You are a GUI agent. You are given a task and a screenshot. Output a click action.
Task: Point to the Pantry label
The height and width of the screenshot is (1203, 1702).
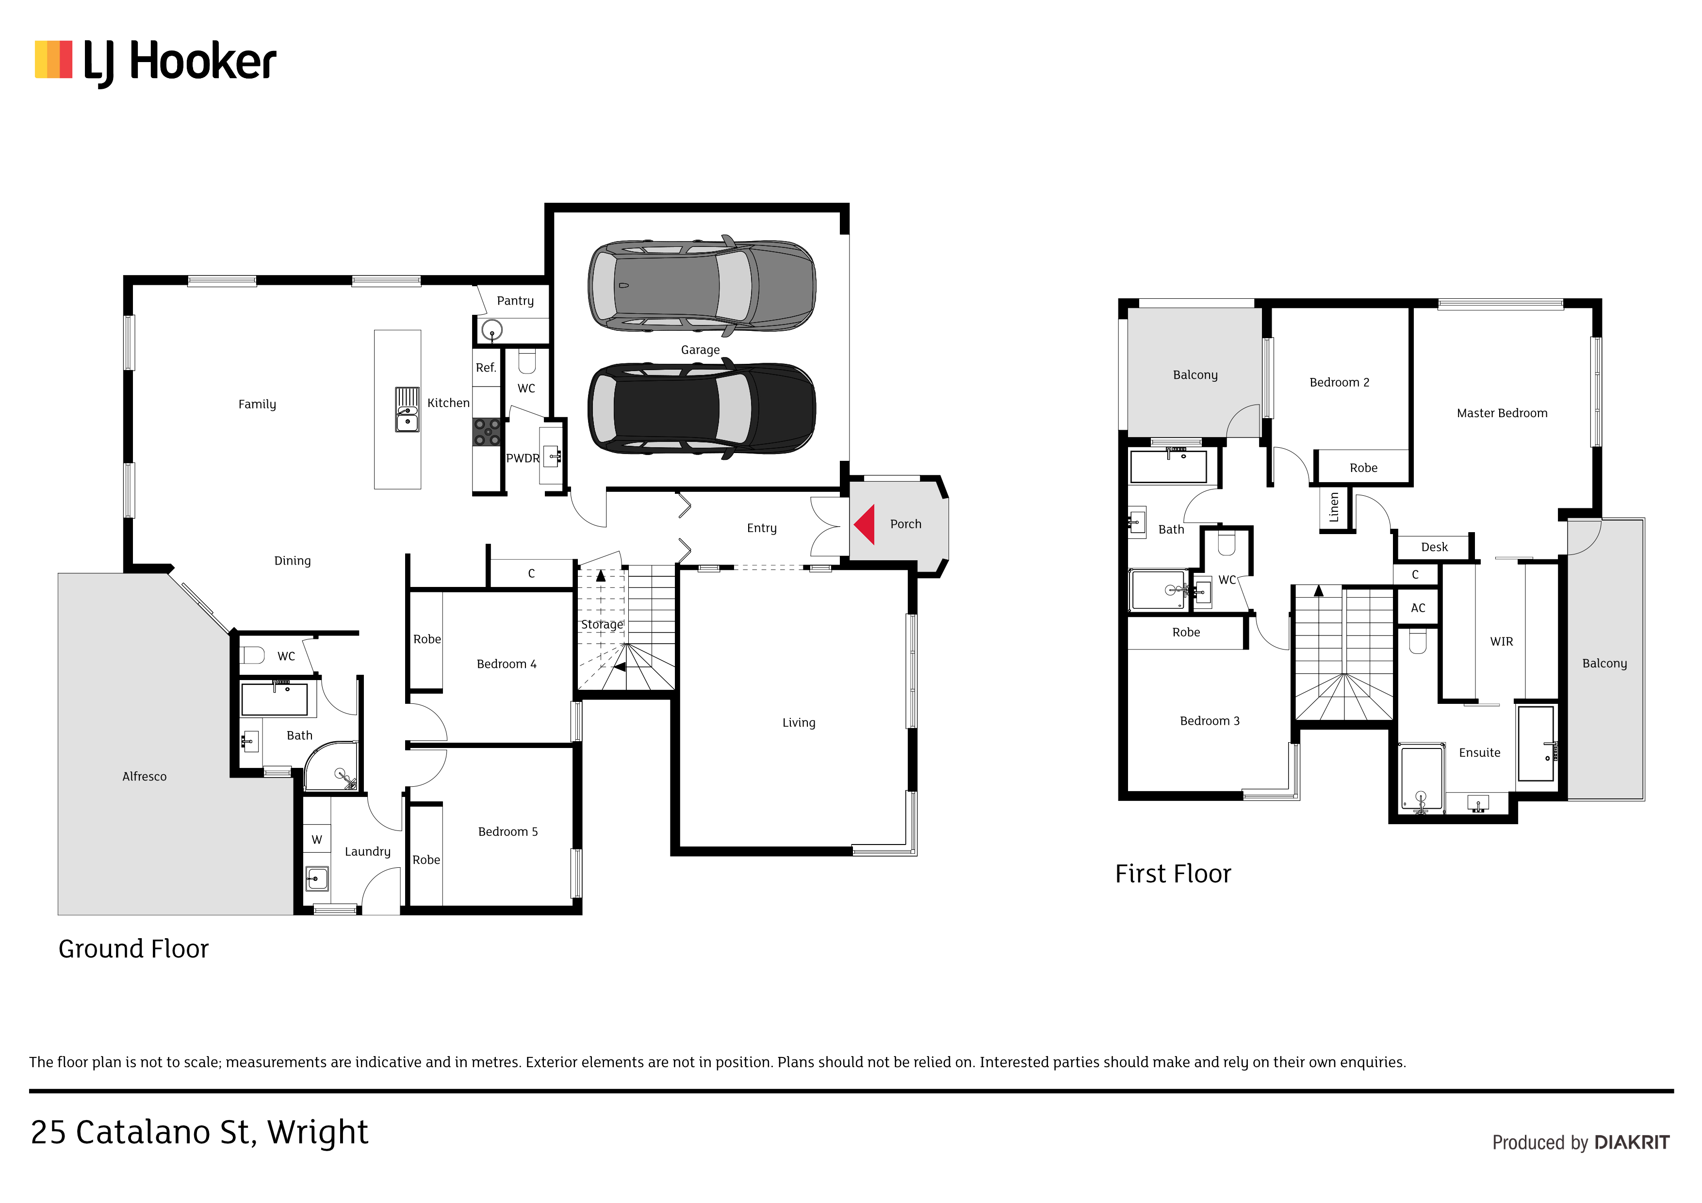pos(515,301)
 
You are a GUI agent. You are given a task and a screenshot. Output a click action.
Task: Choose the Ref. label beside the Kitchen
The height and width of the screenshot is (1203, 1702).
pos(486,368)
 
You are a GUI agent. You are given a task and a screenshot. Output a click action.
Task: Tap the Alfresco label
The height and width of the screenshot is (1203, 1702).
pos(145,776)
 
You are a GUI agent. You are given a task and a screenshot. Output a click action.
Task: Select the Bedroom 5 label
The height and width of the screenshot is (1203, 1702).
pos(508,831)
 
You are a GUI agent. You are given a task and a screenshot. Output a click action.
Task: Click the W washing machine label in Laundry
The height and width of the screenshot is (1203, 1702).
pos(316,840)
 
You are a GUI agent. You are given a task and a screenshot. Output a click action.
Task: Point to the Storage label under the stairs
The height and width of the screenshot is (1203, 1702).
pos(602,625)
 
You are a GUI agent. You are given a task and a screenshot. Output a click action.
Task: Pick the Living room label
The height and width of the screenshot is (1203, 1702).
pos(799,723)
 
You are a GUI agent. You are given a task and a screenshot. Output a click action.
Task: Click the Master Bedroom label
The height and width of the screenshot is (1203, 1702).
pos(1502,413)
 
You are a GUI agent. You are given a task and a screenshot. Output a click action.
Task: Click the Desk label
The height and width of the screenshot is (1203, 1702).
pos(1434,547)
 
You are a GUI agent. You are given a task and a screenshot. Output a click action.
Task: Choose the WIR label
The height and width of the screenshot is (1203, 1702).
pos(1502,641)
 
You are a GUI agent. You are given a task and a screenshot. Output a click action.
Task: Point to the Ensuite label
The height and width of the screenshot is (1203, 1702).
pos(1480,752)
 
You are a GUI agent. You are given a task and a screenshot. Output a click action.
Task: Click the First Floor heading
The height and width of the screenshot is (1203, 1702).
pos(1173,874)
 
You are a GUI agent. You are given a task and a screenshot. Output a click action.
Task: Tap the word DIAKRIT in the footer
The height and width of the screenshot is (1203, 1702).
pos(1632,1143)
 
